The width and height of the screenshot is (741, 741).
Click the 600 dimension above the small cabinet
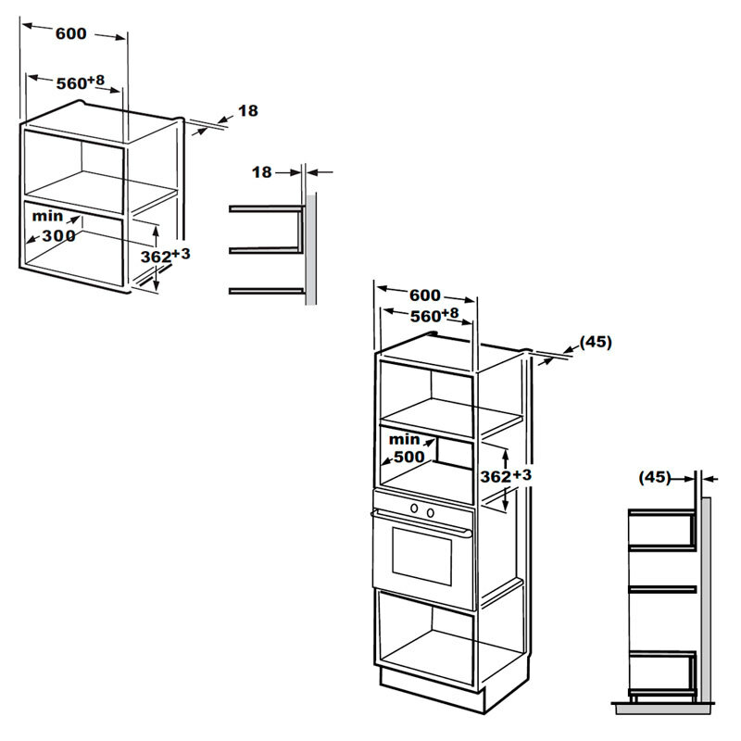(71, 33)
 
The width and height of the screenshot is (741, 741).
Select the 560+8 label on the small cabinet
(81, 82)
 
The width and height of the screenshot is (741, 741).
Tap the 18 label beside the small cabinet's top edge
(248, 110)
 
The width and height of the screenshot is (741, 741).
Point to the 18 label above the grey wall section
(262, 172)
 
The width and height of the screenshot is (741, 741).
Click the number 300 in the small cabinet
(58, 235)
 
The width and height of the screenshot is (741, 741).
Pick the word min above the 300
(47, 216)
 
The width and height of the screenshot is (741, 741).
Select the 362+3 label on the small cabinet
(166, 256)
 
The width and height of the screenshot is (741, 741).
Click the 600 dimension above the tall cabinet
(425, 295)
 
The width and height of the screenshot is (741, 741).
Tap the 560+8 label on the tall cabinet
(434, 315)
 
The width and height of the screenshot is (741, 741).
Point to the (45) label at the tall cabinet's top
(596, 342)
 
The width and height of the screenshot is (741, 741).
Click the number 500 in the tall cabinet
(409, 457)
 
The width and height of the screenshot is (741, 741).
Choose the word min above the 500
(404, 439)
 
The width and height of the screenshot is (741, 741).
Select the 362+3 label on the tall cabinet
(506, 475)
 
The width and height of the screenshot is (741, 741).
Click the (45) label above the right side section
(655, 477)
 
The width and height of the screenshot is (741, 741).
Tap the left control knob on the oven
(414, 509)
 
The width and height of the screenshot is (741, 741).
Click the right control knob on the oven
(431, 512)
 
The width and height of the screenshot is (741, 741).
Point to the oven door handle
(421, 522)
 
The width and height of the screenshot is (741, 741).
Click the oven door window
(421, 557)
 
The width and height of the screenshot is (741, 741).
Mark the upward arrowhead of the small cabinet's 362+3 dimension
(156, 230)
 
